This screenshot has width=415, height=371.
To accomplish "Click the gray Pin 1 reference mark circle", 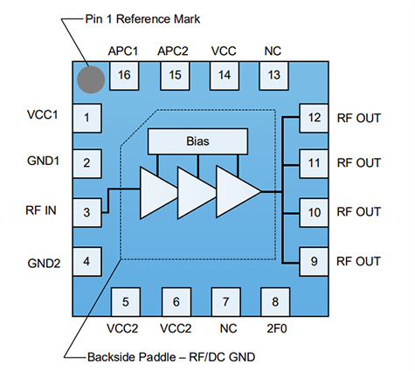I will pos(90,79).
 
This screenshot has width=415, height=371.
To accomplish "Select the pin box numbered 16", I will pos(125,75).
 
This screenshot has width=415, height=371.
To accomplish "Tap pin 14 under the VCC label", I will pos(225,75).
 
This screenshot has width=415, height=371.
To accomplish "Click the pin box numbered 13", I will pos(274,75).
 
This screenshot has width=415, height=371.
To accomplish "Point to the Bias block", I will pos(198,140).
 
